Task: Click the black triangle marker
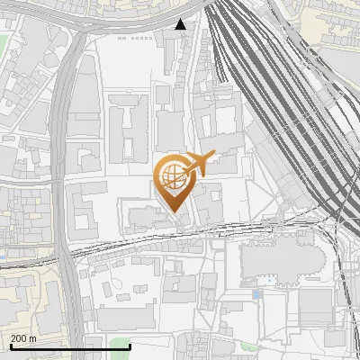[181, 24]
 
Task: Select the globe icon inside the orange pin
[172, 174]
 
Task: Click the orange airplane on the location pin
[200, 163]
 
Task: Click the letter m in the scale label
[32, 338]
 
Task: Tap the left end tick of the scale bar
[10, 346]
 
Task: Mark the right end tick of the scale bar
[130, 346]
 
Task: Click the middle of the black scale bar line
[70, 346]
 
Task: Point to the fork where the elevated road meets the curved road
[85, 27]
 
